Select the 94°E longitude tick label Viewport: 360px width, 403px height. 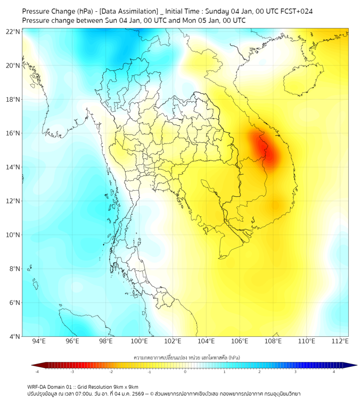point(39,342)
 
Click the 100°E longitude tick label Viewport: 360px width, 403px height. point(139,342)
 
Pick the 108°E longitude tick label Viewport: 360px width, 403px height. point(273,342)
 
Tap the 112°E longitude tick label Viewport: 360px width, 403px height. point(340,342)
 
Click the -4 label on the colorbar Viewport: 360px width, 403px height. point(36,372)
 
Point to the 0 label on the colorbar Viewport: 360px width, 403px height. point(185,372)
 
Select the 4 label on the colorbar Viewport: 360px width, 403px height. point(334,372)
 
